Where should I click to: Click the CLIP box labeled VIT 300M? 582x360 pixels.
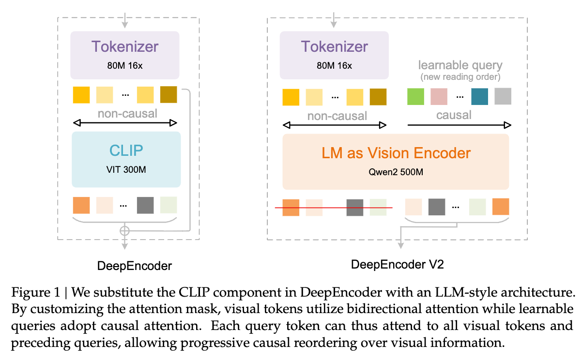point(126,159)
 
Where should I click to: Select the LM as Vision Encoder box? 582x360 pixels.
point(396,162)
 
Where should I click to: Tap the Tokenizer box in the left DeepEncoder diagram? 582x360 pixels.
point(125,55)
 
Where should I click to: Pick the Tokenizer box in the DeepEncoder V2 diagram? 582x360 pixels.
point(334,55)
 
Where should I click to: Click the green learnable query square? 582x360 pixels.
point(415,96)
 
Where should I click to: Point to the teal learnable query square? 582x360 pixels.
point(479,96)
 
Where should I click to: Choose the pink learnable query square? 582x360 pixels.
point(439,96)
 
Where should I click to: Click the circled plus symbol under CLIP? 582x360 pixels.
point(125,231)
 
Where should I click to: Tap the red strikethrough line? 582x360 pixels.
point(334,208)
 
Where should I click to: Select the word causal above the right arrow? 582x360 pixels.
point(454,115)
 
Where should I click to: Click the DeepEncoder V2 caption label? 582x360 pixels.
point(397,264)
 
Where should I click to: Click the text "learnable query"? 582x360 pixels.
point(460,65)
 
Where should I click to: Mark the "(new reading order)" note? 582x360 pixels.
point(460,77)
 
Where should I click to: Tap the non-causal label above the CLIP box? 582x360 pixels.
point(127,114)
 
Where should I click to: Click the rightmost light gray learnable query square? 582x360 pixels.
point(503,96)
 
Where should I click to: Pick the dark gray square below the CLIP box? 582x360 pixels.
point(145,205)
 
